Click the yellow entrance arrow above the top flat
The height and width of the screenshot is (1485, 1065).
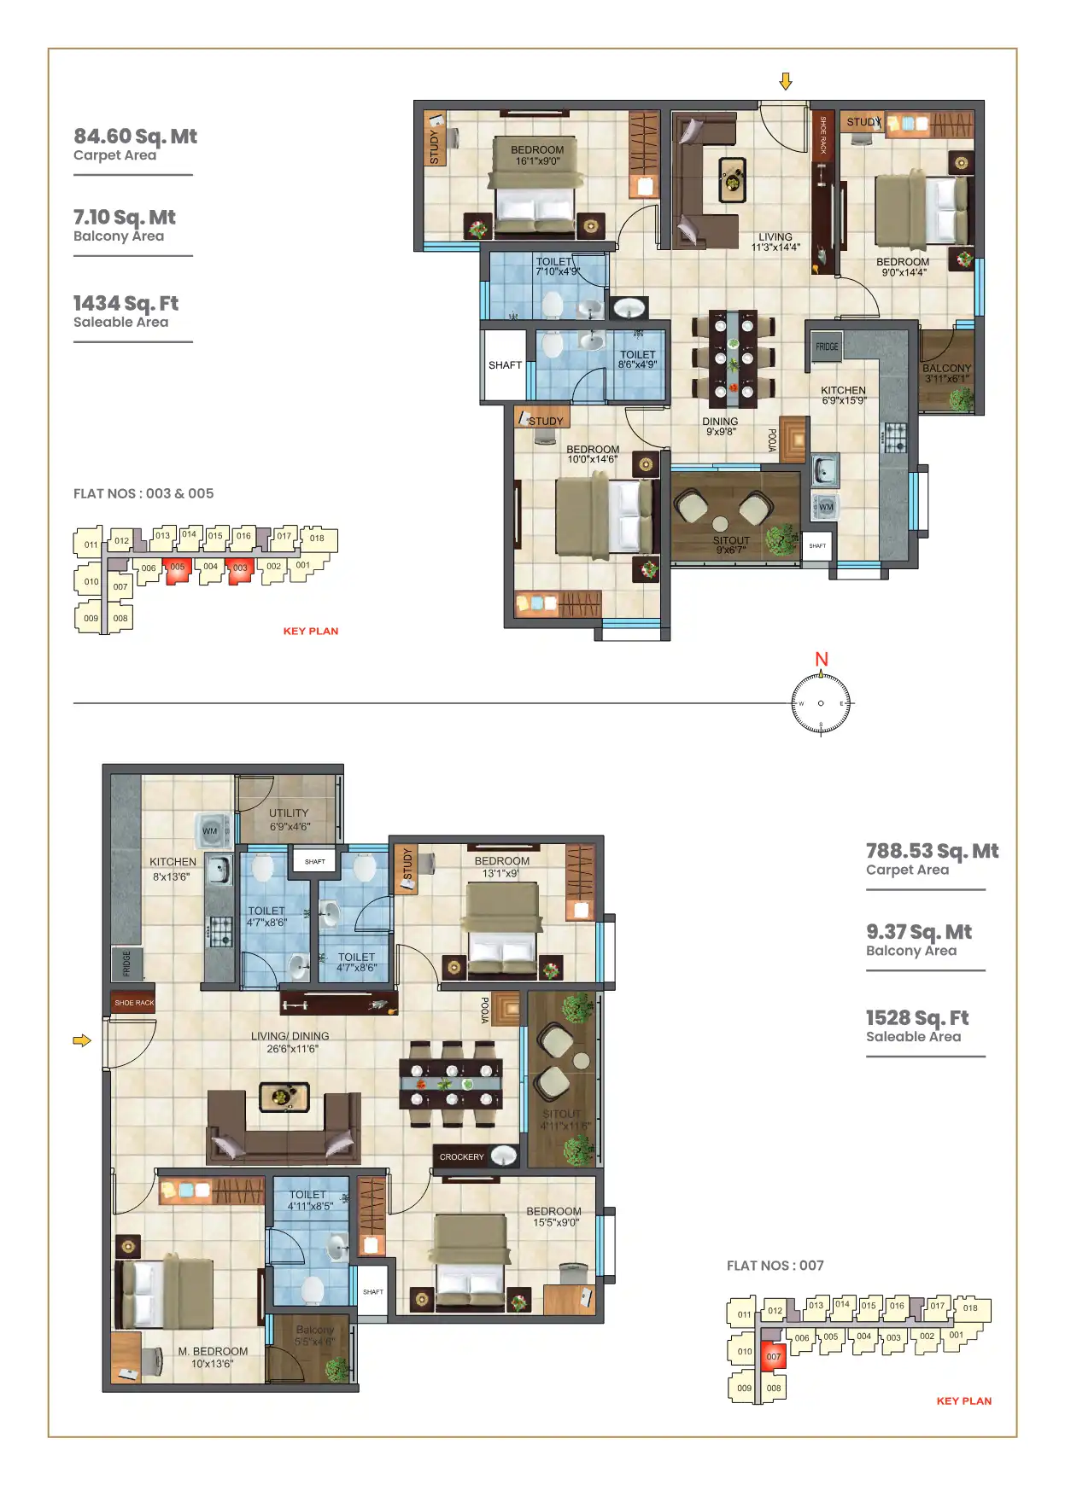click(x=786, y=82)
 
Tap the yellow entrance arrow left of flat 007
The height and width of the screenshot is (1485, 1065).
click(x=82, y=1040)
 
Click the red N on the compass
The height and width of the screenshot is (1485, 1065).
click(x=822, y=659)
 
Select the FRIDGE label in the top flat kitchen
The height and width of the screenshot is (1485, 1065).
click(x=827, y=346)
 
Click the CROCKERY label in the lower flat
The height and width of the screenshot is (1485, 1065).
click(x=461, y=1157)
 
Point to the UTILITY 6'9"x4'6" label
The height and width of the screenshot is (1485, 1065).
click(x=290, y=819)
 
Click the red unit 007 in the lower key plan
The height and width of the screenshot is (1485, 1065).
click(x=774, y=1356)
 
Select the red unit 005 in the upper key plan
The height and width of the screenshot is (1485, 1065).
click(x=177, y=568)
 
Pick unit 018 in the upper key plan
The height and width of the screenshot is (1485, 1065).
click(x=317, y=538)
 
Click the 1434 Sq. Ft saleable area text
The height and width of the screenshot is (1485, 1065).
click(x=126, y=304)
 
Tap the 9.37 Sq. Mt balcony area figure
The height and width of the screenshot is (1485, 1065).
click(x=918, y=932)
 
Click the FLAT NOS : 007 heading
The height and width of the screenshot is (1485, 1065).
click(x=775, y=1266)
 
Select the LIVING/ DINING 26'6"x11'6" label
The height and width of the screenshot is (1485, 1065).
click(x=290, y=1042)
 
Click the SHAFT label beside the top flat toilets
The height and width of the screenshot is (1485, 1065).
click(x=505, y=365)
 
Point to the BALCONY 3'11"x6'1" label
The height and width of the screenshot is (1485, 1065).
click(x=946, y=373)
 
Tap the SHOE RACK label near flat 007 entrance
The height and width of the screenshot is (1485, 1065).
click(x=134, y=1003)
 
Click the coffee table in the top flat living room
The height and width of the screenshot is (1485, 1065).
click(x=732, y=180)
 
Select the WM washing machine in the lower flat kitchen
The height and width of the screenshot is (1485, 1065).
click(x=210, y=830)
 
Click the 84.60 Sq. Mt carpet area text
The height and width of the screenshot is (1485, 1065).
click(x=135, y=137)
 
